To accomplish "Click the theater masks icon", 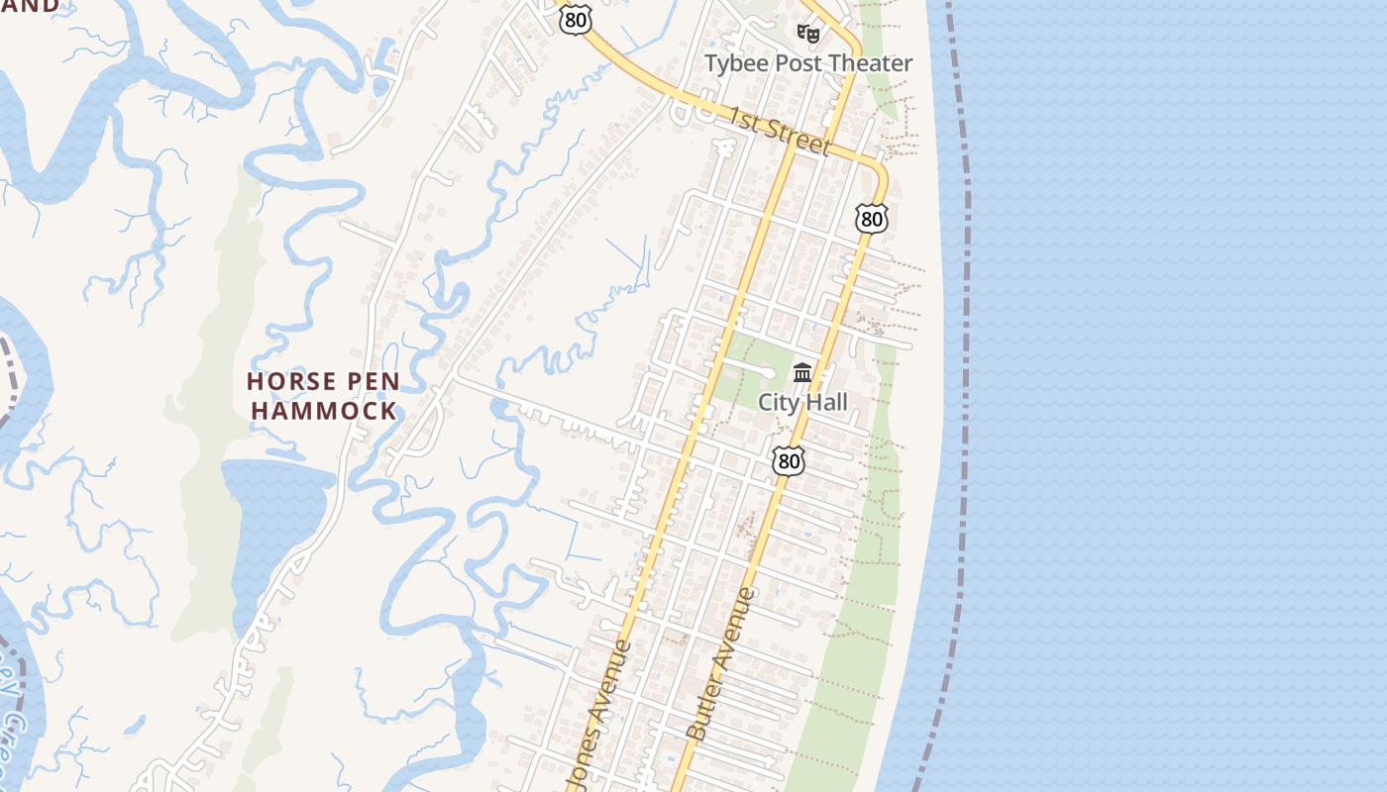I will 808,34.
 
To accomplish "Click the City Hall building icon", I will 802,373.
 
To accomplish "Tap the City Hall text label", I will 802,402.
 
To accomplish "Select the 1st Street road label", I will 779,132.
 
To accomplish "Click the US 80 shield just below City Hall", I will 789,460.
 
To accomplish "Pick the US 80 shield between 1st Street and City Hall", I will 872,219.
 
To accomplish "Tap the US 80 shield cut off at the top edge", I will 575,18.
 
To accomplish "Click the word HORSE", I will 291,381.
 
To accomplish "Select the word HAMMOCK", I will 324,411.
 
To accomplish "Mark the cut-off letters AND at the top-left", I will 30,6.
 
